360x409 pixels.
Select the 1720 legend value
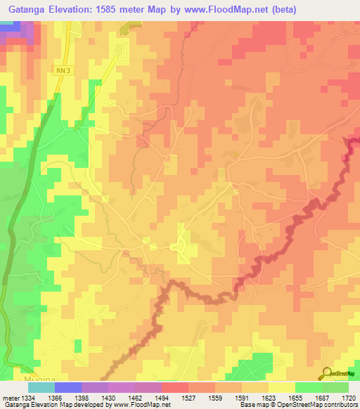(349, 397)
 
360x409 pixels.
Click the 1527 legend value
(188, 397)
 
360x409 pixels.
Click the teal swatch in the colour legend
(41, 387)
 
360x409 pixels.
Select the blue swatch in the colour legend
(67, 387)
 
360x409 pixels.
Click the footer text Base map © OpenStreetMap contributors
(298, 405)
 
